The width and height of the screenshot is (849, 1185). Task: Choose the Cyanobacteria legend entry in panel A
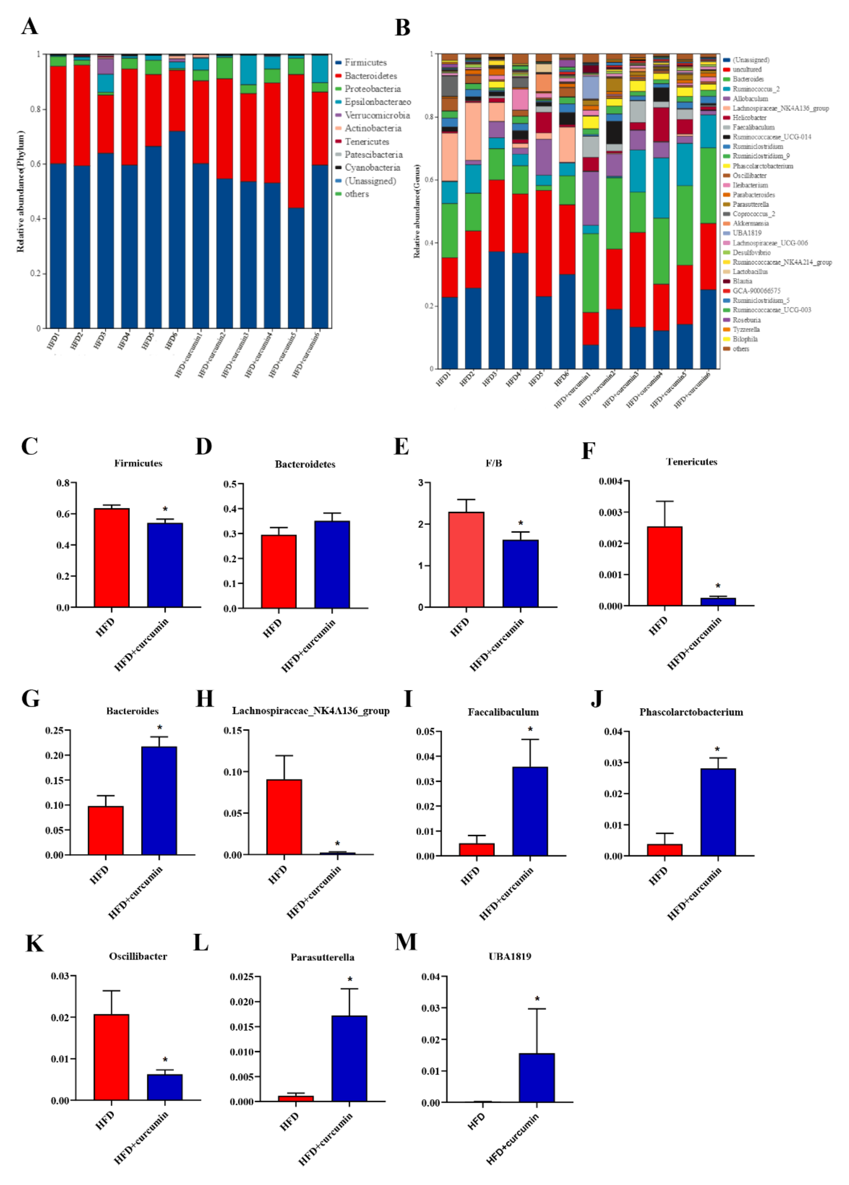pyautogui.click(x=372, y=168)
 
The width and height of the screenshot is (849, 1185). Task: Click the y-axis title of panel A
pyautogui.click(x=21, y=191)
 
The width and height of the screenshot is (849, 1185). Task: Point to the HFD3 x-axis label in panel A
pyautogui.click(x=100, y=341)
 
